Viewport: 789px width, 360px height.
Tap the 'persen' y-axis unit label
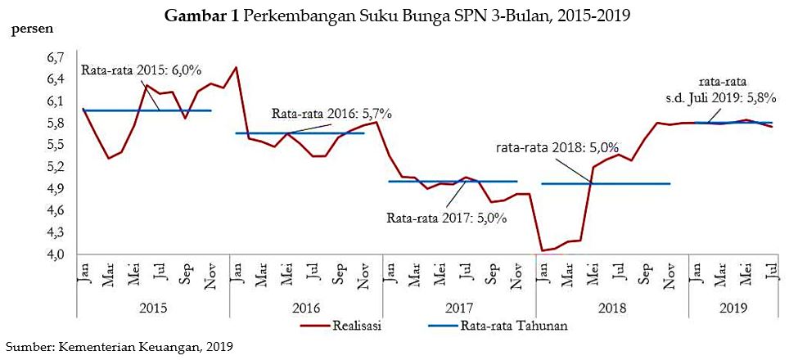point(32,30)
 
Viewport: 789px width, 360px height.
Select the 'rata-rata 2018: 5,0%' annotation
point(557,148)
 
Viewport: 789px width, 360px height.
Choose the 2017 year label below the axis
point(459,308)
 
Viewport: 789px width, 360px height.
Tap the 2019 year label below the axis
point(730,308)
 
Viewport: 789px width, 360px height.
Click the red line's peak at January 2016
point(236,67)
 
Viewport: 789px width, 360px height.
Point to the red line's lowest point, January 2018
point(542,250)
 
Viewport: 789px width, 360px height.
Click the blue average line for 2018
point(606,184)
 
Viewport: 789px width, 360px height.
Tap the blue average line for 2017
point(453,181)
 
